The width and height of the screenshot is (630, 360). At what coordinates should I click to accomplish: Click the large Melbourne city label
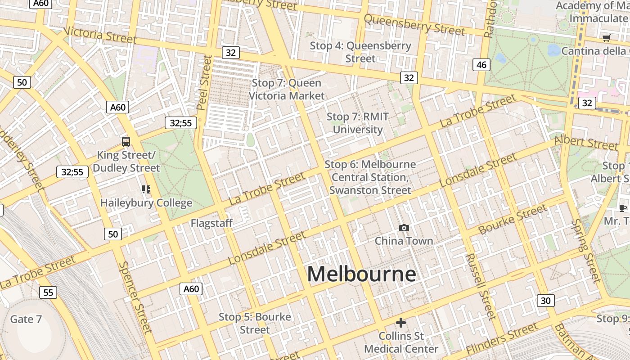pyautogui.click(x=361, y=274)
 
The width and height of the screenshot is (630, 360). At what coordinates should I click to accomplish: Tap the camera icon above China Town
pyautogui.click(x=404, y=228)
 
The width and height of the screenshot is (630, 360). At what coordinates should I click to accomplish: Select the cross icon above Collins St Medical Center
pyautogui.click(x=400, y=322)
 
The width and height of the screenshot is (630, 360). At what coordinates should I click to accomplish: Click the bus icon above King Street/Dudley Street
pyautogui.click(x=126, y=142)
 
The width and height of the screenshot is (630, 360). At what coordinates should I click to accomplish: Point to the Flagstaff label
pyautogui.click(x=211, y=223)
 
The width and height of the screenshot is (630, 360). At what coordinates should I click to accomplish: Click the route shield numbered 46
pyautogui.click(x=481, y=65)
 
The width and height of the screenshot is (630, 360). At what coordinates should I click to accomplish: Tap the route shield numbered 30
pyautogui.click(x=545, y=301)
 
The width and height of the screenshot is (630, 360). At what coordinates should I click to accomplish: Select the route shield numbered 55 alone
pyautogui.click(x=48, y=292)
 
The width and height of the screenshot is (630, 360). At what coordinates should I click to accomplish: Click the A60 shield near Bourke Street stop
pyautogui.click(x=191, y=288)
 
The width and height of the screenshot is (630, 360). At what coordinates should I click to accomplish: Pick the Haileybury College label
pyautogui.click(x=146, y=203)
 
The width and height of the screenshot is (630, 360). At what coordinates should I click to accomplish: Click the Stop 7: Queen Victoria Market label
pyautogui.click(x=287, y=89)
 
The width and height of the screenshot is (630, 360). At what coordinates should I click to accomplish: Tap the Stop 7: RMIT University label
pyautogui.click(x=358, y=123)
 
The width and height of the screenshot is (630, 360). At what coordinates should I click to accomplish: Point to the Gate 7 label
pyautogui.click(x=26, y=319)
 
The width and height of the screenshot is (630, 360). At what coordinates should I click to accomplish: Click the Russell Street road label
pyautogui.click(x=481, y=286)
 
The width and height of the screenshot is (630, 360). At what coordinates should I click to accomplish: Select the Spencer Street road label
pyautogui.click(x=135, y=297)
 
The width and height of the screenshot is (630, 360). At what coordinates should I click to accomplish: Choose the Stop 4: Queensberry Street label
pyautogui.click(x=360, y=52)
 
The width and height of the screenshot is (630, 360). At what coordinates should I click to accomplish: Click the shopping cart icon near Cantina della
pyautogui.click(x=606, y=38)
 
